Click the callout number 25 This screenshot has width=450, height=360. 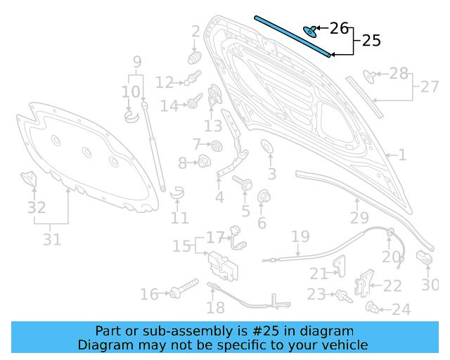click(371, 41)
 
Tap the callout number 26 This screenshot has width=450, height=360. click(339, 28)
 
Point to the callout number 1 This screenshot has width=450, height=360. click(401, 155)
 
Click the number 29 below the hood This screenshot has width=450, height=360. click(359, 219)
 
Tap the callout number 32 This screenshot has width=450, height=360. click(37, 208)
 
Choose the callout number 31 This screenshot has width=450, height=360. click(51, 240)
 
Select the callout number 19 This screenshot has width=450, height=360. click(300, 236)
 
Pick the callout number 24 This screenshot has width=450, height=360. click(401, 309)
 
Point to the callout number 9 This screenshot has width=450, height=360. click(136, 61)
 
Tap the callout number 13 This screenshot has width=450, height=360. click(213, 126)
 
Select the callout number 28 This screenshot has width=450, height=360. click(398, 74)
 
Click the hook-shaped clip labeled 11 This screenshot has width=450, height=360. click(176, 191)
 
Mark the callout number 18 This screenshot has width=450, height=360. click(216, 307)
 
